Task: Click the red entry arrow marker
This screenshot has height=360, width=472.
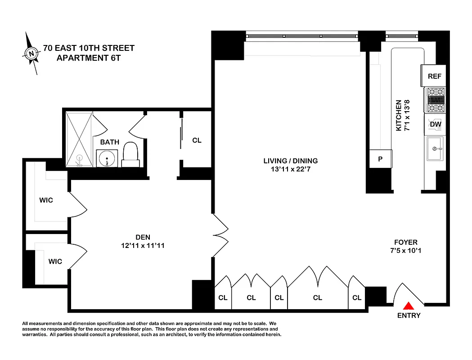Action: [408, 305]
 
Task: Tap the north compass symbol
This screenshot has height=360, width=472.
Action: [31, 54]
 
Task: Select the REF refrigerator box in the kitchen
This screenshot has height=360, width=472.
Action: [434, 76]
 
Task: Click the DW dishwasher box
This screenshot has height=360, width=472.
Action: [435, 124]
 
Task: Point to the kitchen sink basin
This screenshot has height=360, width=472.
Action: [435, 148]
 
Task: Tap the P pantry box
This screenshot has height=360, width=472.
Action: [380, 159]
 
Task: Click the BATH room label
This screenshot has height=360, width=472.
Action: [110, 142]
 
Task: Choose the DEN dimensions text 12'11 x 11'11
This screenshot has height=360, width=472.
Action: [143, 246]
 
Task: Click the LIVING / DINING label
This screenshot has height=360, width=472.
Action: [291, 161]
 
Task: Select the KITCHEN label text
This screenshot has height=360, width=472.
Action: [398, 116]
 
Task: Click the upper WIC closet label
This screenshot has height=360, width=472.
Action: [46, 200]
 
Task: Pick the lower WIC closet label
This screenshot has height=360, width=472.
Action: [55, 261]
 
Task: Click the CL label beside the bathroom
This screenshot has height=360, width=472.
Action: [197, 140]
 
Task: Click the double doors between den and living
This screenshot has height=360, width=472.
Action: [220, 234]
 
